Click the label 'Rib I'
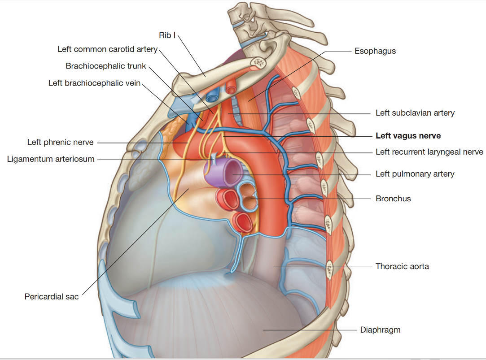pos(167,35)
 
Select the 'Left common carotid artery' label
pos(107,49)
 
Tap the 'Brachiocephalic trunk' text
pos(106,66)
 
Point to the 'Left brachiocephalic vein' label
pos(94,83)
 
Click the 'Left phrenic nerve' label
pos(60,142)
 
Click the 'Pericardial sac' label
pos(52,296)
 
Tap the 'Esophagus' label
pos(375,51)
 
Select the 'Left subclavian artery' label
pos(415,113)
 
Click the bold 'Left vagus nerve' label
pos(408,136)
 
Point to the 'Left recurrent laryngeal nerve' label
pos(429,152)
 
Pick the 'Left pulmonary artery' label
pos(415,174)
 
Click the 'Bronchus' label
pos(393,198)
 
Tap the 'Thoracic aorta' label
pos(402,266)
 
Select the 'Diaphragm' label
pos(380,330)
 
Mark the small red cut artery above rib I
pos(231,87)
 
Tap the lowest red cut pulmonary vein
pos(243,221)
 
